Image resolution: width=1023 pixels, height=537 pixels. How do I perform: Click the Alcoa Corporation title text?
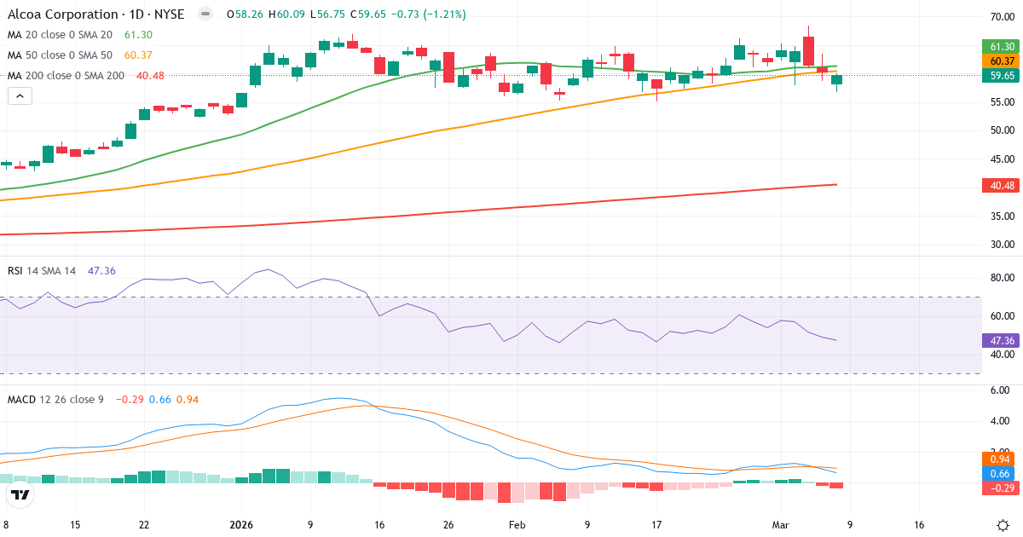63,14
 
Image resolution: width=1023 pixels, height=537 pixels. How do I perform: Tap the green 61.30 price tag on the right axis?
1002,46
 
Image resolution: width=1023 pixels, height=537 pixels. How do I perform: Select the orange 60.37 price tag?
1002,61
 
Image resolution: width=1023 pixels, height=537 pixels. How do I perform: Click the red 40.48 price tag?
1002,185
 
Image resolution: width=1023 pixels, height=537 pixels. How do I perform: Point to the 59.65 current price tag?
1002,76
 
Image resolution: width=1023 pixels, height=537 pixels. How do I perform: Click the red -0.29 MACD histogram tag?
1002,488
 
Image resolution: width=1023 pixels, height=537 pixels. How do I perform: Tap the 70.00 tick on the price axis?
1002,17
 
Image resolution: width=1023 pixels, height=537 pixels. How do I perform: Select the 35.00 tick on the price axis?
1002,217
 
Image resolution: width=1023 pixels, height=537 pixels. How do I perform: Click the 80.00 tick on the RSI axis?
1002,278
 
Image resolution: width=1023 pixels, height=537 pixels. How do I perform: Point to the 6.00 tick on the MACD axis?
1002,390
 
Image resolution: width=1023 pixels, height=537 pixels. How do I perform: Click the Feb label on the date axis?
517,525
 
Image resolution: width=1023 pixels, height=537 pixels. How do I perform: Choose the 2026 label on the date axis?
240,525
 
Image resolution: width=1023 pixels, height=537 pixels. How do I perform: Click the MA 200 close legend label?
66,76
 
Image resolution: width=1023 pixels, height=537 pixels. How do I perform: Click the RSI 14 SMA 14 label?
41,270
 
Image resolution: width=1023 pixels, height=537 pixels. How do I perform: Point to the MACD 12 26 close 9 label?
55,399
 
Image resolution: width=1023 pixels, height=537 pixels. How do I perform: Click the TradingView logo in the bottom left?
20,494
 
